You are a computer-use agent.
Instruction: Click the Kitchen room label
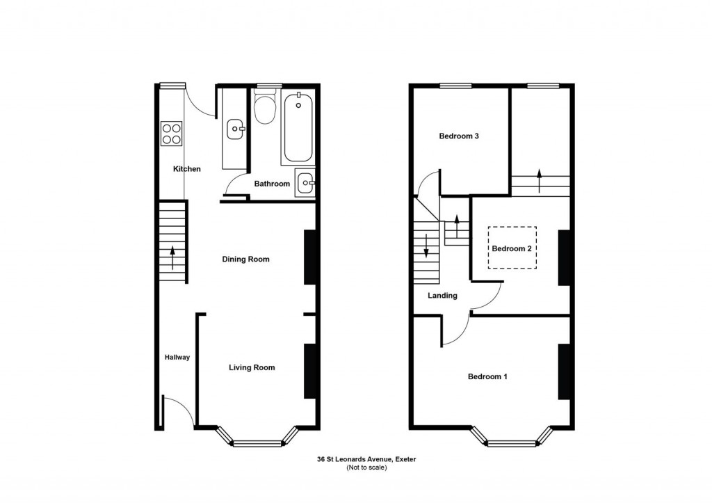186,169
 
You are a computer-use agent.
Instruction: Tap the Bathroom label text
271,184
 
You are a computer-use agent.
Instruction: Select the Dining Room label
245,260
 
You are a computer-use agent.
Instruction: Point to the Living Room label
252,367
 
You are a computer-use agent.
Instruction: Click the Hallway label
177,358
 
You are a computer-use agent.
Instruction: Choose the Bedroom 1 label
487,377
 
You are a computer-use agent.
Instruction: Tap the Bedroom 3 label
459,136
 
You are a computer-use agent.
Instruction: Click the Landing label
442,296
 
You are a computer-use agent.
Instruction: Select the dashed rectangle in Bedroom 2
512,248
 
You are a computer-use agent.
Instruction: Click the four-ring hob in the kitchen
171,133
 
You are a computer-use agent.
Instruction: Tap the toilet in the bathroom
264,109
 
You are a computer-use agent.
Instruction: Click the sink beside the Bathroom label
305,184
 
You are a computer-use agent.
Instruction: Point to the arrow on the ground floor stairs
172,257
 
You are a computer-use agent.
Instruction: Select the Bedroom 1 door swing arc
455,333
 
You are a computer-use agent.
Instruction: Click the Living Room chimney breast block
310,371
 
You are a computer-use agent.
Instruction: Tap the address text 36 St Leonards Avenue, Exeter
366,459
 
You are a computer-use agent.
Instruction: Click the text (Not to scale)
366,468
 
